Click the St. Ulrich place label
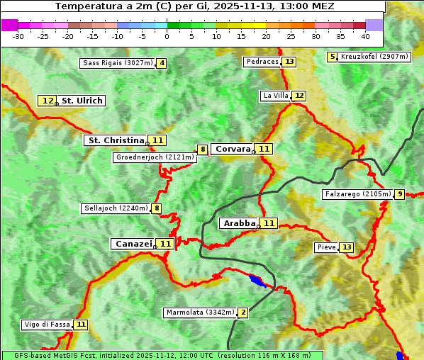(x=82, y=101)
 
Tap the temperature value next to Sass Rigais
(x=162, y=63)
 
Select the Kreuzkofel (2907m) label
(x=374, y=57)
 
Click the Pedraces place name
(x=262, y=62)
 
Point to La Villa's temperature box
(x=299, y=96)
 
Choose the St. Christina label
(x=116, y=140)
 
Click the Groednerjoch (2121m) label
(x=155, y=157)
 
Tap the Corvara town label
(x=233, y=149)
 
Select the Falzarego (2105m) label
(x=357, y=193)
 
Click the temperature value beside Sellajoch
(x=157, y=208)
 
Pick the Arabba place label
(x=239, y=223)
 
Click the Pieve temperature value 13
(x=346, y=247)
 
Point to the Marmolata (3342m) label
(x=200, y=313)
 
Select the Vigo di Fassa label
(x=48, y=325)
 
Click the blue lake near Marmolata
(x=256, y=281)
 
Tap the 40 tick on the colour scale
(x=365, y=35)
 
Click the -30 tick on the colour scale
(x=19, y=35)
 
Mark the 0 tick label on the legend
(x=167, y=35)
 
